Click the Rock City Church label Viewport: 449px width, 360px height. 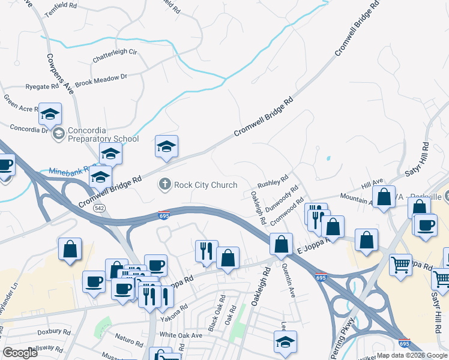click(x=205, y=185)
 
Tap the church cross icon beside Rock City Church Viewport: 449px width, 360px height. click(x=165, y=185)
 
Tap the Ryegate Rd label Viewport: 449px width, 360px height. click(x=42, y=86)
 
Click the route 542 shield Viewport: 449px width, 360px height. click(x=101, y=208)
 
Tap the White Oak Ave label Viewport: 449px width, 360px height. click(x=179, y=334)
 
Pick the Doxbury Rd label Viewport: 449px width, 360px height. click(x=54, y=331)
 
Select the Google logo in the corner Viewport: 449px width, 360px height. click(x=20, y=353)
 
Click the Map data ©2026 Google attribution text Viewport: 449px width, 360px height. click(x=411, y=355)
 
